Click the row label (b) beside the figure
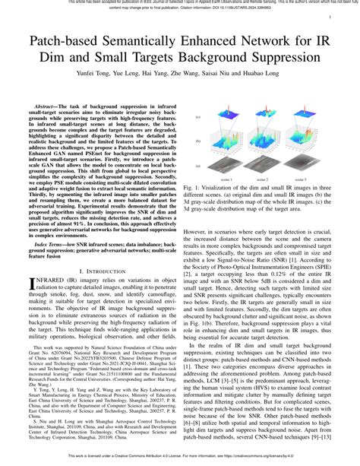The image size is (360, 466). [199, 142]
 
